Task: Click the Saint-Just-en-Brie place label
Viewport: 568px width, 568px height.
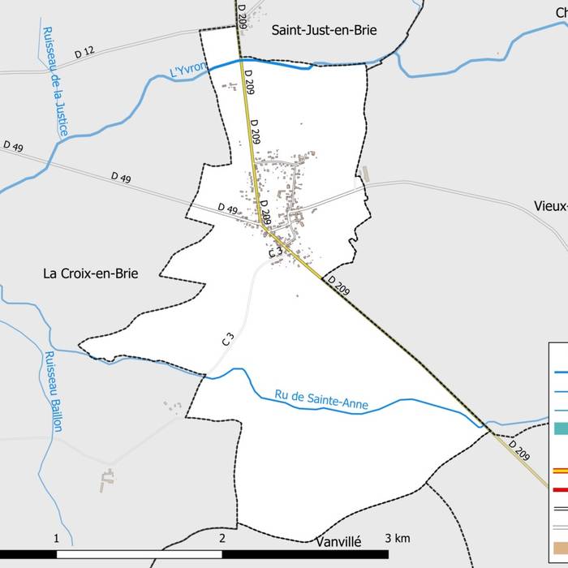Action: (324, 30)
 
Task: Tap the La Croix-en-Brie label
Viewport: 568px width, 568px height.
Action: (91, 273)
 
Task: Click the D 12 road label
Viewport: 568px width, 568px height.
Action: (84, 53)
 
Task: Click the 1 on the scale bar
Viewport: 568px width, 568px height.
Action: (56, 538)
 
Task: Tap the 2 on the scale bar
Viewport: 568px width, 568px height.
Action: (222, 538)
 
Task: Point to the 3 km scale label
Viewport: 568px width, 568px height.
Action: (398, 538)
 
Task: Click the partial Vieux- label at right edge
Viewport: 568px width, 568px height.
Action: (551, 205)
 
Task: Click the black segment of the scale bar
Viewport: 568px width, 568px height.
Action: (139, 553)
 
